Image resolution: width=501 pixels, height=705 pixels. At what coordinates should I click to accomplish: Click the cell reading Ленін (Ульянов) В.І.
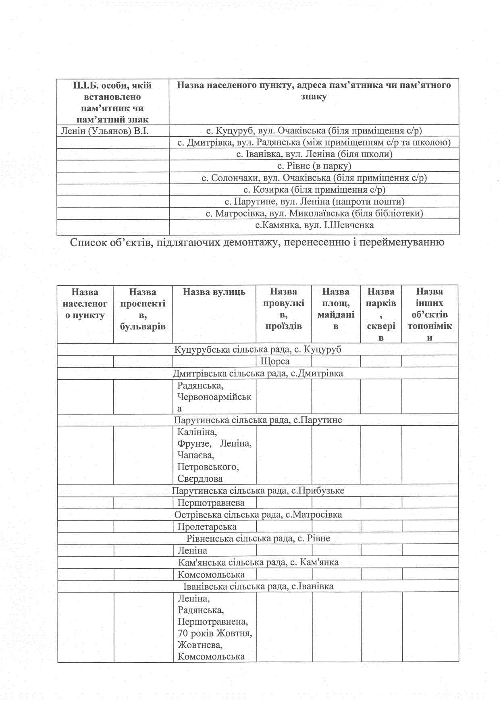105,131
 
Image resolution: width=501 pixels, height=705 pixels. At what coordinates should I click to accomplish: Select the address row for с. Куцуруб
314,131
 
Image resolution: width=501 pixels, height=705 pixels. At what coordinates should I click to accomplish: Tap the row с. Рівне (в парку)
314,166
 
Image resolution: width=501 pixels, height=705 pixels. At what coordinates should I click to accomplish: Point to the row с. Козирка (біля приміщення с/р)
314,189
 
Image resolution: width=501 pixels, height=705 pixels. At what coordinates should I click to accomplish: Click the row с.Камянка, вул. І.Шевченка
314,225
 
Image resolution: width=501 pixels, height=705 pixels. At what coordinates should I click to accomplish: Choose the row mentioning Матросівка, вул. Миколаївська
314,213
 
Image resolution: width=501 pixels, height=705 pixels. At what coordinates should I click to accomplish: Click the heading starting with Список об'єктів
257,243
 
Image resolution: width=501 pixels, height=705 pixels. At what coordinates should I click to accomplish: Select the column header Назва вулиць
214,291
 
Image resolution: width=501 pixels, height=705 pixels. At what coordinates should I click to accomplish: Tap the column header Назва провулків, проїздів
283,308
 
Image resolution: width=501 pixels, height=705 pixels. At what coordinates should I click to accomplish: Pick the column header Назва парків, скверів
381,314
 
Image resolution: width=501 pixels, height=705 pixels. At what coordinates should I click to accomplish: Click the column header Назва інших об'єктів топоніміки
430,314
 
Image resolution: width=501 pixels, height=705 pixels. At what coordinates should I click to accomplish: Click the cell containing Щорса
275,361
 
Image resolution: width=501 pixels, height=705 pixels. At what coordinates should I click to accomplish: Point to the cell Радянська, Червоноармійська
214,397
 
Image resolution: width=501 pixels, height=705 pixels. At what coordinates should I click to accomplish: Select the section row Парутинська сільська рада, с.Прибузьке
258,491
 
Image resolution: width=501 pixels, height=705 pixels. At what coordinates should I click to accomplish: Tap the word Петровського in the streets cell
208,467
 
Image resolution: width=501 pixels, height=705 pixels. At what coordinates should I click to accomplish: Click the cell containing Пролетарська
207,526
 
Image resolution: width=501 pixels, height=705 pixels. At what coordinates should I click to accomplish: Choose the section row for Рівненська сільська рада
258,539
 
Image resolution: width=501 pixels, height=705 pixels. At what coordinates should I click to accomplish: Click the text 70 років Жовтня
215,633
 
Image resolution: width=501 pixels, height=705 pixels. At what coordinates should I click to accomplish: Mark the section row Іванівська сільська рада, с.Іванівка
258,586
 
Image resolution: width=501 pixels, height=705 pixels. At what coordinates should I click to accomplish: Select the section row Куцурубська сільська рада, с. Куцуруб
258,349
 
